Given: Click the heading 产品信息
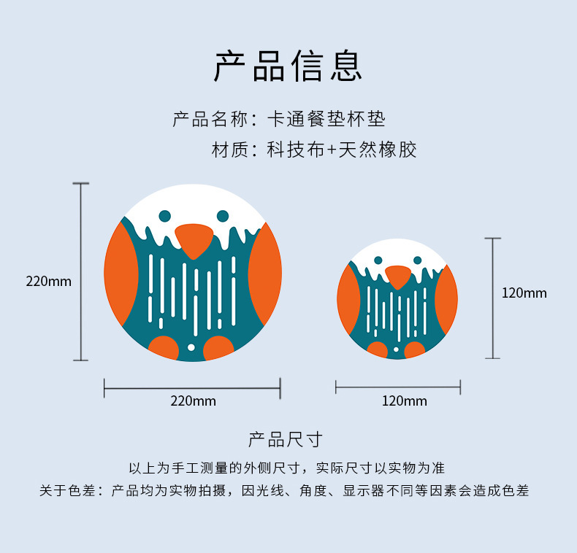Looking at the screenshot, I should (x=288, y=66).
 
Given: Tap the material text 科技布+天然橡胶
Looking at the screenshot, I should (x=341, y=151).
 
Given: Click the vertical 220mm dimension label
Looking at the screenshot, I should (x=49, y=281).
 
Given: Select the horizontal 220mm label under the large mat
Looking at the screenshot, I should (x=193, y=401).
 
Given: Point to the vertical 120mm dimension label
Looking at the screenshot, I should (x=524, y=293).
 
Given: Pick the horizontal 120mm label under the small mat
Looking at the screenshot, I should (x=404, y=401).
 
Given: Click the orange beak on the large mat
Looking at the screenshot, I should (x=194, y=240).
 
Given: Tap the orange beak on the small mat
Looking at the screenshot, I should (x=398, y=276).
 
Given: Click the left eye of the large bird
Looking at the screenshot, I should (x=165, y=216).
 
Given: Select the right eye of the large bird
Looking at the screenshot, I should (x=223, y=216).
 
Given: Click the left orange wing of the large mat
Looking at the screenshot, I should (x=121, y=274).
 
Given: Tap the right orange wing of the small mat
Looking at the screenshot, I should (x=447, y=299).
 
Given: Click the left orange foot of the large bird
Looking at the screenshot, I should (x=164, y=348).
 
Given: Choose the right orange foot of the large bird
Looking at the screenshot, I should (x=218, y=349).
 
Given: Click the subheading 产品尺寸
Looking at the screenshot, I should (x=285, y=439).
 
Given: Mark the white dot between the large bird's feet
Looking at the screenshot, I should (x=191, y=347).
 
